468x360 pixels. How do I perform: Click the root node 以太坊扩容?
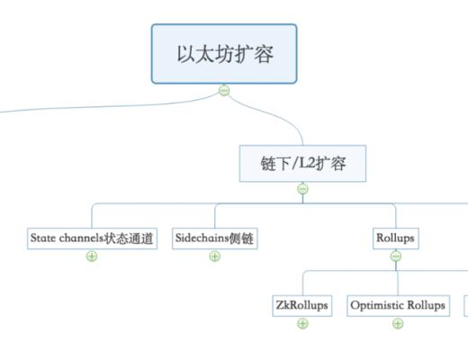pyautogui.click(x=224, y=54)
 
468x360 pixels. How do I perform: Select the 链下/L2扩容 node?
pyautogui.click(x=302, y=164)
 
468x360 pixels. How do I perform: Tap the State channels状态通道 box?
pyautogui.click(x=92, y=238)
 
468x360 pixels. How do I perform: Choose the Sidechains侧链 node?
pyautogui.click(x=214, y=238)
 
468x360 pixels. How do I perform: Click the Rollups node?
pyautogui.click(x=395, y=238)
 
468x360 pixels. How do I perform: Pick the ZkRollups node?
pyautogui.click(x=302, y=305)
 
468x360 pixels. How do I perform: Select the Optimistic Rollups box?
pyautogui.click(x=397, y=305)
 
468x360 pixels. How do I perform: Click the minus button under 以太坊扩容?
pyautogui.click(x=224, y=91)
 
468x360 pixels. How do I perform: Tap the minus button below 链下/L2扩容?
pyautogui.click(x=302, y=189)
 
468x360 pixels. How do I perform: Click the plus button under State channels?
pyautogui.click(x=92, y=256)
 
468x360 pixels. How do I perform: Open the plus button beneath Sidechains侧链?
pyautogui.click(x=214, y=256)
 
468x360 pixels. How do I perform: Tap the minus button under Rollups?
pyautogui.click(x=395, y=256)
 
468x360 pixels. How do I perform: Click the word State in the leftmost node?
pyautogui.click(x=42, y=239)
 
